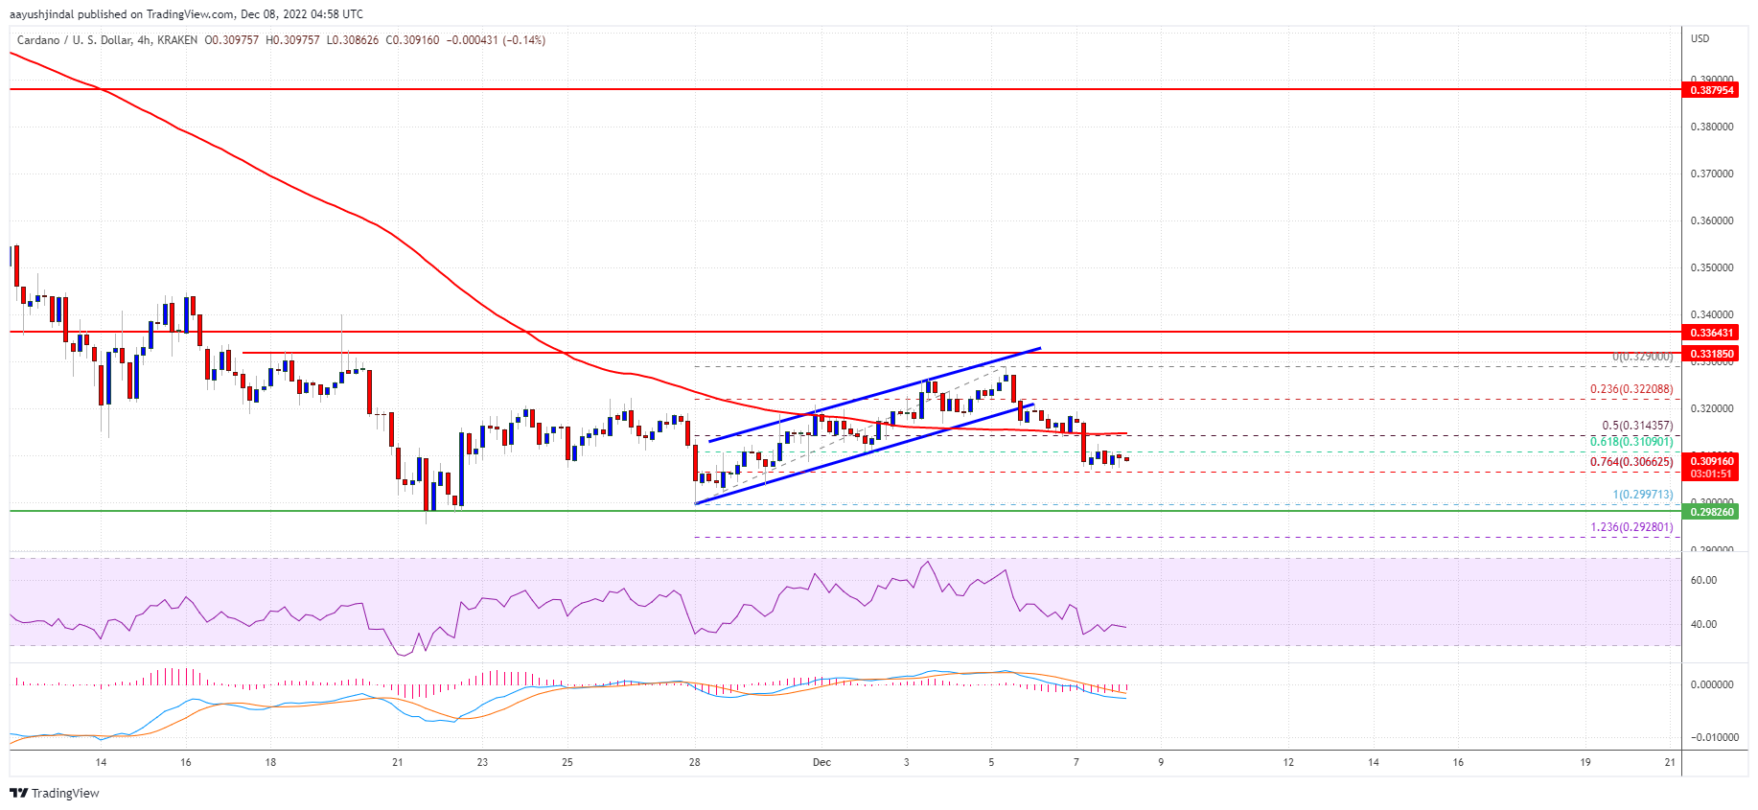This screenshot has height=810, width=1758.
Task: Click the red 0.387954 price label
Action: coord(1711,90)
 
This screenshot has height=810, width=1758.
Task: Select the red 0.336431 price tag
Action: coord(1711,333)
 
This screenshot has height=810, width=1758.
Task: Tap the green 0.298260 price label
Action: coord(1711,512)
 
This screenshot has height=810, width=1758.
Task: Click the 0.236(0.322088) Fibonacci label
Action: coord(1631,389)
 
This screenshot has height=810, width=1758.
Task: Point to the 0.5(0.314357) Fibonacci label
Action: coord(1637,426)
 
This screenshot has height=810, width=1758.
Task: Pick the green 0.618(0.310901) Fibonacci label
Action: coord(1631,442)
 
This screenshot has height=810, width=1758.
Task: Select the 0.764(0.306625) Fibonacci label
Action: coord(1631,462)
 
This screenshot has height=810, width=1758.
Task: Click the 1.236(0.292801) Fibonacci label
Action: coord(1631,527)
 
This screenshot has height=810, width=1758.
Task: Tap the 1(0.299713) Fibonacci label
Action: coord(1642,495)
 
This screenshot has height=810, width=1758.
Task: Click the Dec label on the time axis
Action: coord(821,763)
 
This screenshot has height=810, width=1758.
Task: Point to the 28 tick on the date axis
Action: coord(694,763)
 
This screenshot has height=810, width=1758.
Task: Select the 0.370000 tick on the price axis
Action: coord(1711,174)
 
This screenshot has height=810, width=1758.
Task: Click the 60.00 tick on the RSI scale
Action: coord(1703,580)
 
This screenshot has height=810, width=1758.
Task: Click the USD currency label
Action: coord(1700,39)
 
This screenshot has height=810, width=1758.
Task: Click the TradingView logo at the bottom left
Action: coord(55,793)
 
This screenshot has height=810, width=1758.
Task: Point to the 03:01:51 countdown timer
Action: coord(1711,474)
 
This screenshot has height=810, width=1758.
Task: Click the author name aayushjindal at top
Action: coord(42,14)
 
